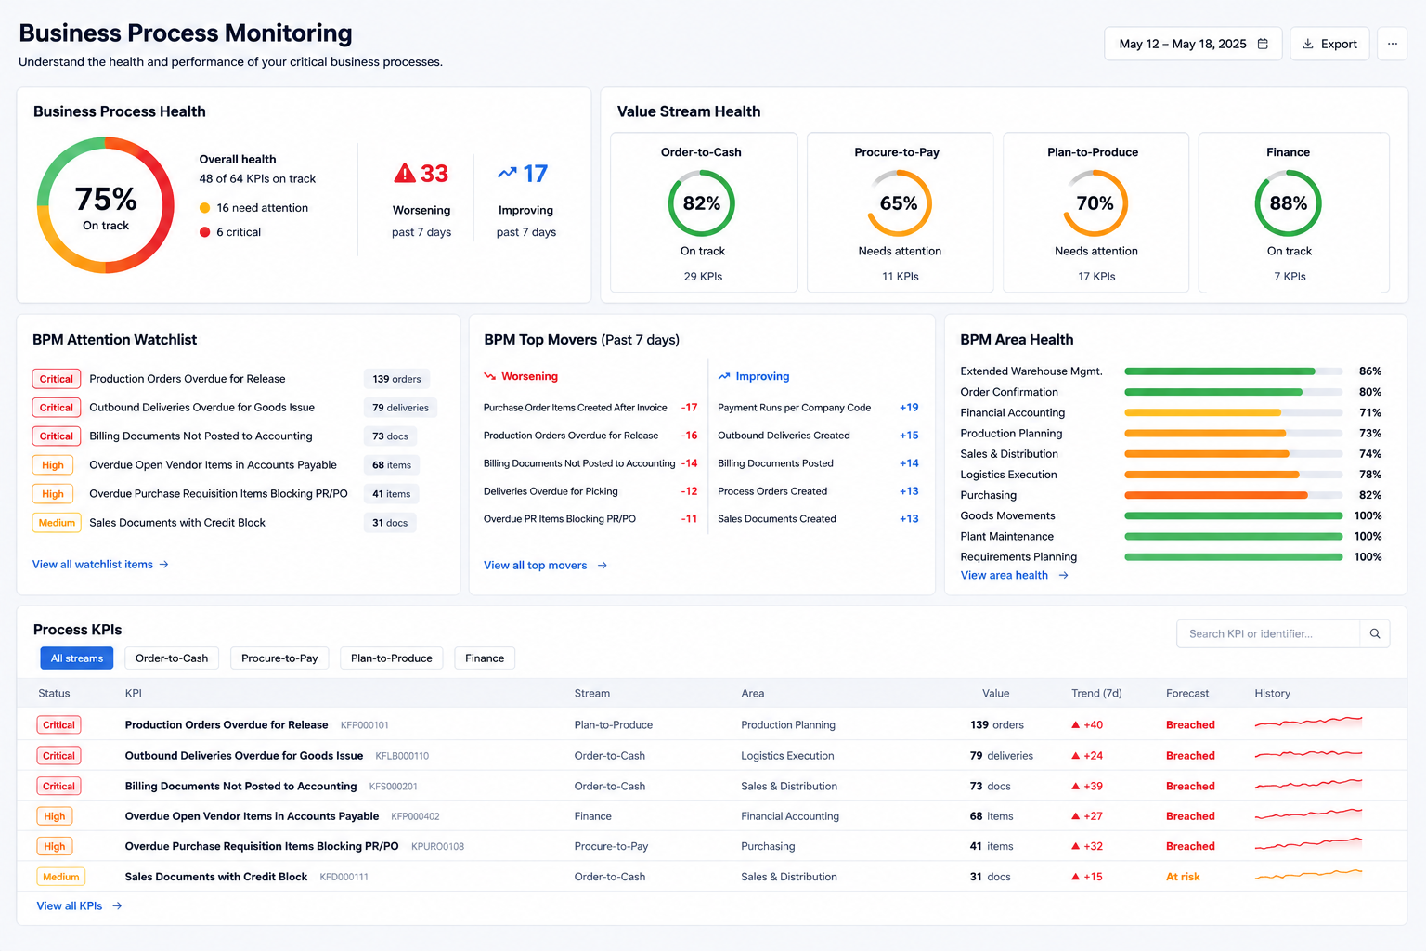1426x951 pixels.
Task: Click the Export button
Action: pyautogui.click(x=1329, y=44)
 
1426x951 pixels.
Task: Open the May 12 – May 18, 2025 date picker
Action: pyautogui.click(x=1193, y=44)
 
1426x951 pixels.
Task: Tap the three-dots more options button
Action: pyautogui.click(x=1393, y=44)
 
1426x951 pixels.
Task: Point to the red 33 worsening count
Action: pyautogui.click(x=421, y=174)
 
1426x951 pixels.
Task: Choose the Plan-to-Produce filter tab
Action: pyautogui.click(x=392, y=658)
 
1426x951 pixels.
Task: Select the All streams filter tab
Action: pyautogui.click(x=77, y=658)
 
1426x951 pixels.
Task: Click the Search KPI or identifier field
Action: pyautogui.click(x=1268, y=633)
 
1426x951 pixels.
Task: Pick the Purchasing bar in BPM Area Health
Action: pyautogui.click(x=1216, y=495)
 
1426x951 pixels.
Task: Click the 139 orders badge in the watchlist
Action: pyautogui.click(x=396, y=379)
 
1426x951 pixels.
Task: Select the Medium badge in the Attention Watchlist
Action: pyautogui.click(x=57, y=523)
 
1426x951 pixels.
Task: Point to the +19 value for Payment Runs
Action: pyautogui.click(x=909, y=408)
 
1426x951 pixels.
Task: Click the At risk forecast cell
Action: pyautogui.click(x=1183, y=877)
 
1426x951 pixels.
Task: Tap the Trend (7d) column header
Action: pyautogui.click(x=1096, y=693)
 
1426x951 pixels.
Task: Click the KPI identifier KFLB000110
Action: pyautogui.click(x=402, y=756)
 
